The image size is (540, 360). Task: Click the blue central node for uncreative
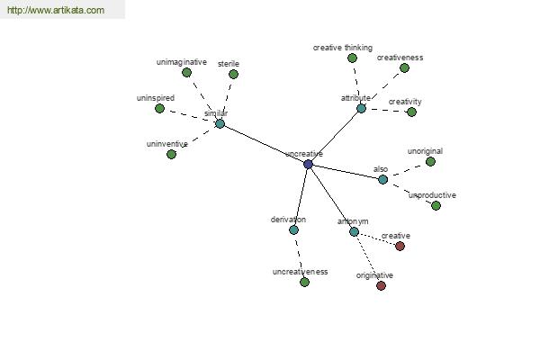308,164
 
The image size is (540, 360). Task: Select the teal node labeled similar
220,123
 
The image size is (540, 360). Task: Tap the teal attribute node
361,109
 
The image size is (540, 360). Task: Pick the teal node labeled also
382,179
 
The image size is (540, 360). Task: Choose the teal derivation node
293,229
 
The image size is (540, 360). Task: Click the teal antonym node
354,231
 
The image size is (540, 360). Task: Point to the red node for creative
400,246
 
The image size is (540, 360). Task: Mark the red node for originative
381,285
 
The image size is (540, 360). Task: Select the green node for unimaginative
186,72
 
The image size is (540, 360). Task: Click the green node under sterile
233,74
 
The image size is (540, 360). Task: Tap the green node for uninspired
159,109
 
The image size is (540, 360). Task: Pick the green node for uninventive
171,154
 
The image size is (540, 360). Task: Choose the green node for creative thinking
352,58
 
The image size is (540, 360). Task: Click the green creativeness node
404,67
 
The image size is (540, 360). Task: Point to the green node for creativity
411,112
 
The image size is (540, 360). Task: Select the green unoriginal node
430,161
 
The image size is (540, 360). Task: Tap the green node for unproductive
436,206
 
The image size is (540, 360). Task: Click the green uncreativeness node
304,282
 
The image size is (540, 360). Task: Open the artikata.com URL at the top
56,10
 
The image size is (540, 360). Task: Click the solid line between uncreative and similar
264,144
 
